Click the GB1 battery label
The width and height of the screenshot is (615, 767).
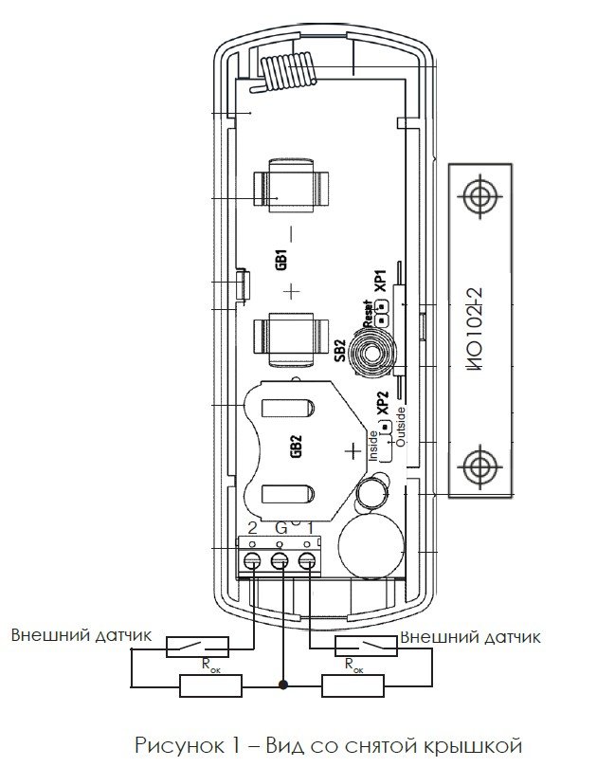(x=281, y=260)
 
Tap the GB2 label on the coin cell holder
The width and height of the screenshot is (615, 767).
(x=296, y=447)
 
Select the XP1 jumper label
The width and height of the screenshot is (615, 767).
(x=380, y=282)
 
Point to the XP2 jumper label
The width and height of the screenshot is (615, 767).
(x=383, y=402)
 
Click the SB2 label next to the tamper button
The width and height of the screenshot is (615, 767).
(x=340, y=351)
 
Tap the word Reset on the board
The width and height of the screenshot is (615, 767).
(x=368, y=314)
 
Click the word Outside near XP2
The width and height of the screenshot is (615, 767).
(x=401, y=427)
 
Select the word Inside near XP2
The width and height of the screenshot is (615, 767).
(x=373, y=446)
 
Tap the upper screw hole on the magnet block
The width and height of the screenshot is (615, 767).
(x=480, y=196)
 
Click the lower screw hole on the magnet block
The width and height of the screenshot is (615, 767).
(x=480, y=466)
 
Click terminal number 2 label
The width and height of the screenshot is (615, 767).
(x=252, y=528)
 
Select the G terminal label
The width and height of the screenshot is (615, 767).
(x=281, y=528)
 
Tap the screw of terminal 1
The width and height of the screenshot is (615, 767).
(x=307, y=561)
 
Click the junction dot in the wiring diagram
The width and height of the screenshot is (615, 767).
(x=283, y=685)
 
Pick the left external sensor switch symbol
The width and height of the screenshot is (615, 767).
(x=197, y=647)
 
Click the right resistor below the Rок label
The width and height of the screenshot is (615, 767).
(x=353, y=685)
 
